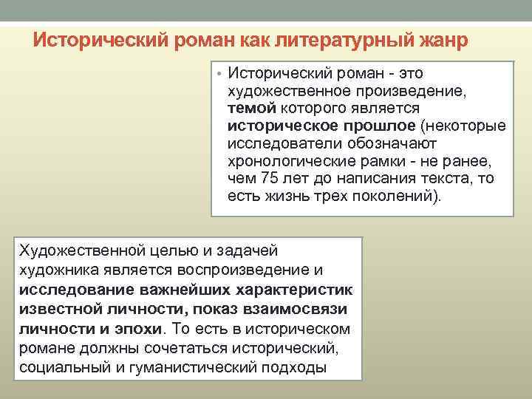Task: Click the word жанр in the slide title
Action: pos(440,40)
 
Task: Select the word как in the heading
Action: pos(253,40)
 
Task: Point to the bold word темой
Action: pos(252,109)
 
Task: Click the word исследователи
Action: pos(281,144)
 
